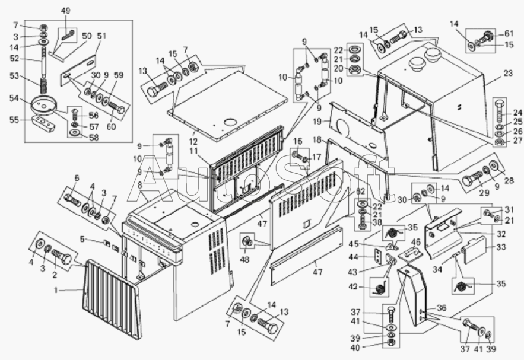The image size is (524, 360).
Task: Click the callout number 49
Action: [65, 11]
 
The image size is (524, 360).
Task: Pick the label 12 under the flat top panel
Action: [193, 142]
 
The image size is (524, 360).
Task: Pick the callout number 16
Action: [298, 141]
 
